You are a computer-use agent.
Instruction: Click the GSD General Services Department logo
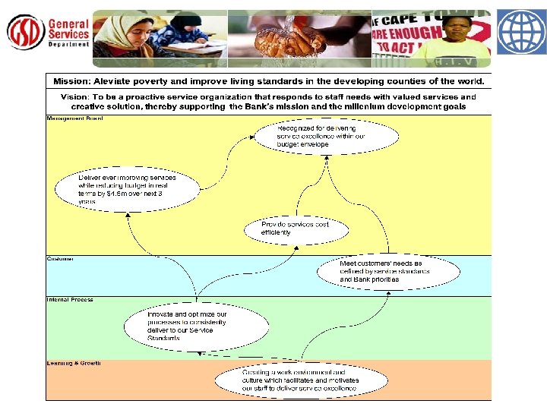48,32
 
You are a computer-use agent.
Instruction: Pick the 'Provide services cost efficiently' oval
296,228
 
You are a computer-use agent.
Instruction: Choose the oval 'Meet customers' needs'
388,271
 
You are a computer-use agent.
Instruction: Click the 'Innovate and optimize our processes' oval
197,326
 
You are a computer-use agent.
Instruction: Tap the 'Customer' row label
60,259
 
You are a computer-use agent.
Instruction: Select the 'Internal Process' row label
70,300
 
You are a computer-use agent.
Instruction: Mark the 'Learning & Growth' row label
74,364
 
